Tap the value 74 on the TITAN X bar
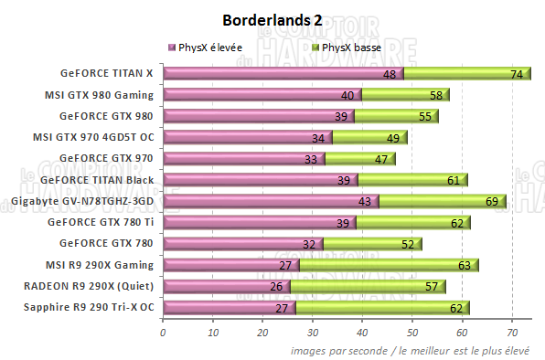click(x=517, y=74)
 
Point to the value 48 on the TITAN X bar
click(x=389, y=74)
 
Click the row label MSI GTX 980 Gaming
click(x=99, y=94)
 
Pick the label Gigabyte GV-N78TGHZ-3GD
click(x=82, y=200)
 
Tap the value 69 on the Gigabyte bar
click(x=492, y=201)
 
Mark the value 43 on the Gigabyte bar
click(x=364, y=201)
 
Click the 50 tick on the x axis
click(x=412, y=332)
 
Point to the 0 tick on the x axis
click(x=163, y=332)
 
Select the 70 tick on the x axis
click(x=512, y=332)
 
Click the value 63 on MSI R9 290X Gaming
click(x=464, y=265)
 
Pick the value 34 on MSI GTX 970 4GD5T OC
click(x=319, y=138)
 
